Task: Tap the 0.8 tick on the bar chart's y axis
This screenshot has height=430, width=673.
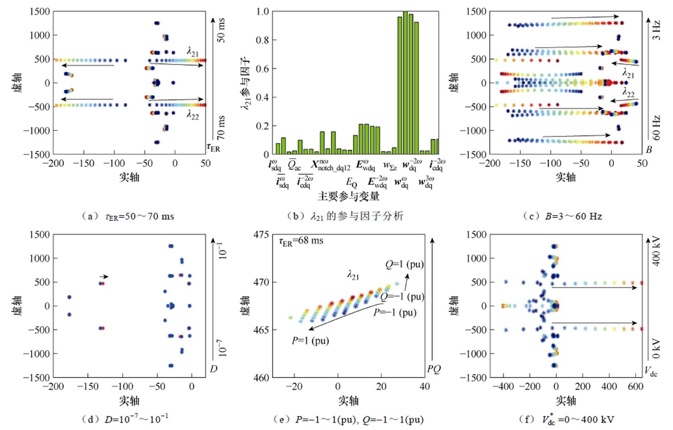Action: tap(262, 40)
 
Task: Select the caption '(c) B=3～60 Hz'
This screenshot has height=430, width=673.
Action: tap(562, 216)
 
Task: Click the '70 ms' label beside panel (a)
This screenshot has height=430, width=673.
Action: tap(221, 128)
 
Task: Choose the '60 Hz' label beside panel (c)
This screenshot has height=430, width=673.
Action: tap(657, 128)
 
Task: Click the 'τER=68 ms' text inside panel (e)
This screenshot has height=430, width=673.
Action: tap(301, 241)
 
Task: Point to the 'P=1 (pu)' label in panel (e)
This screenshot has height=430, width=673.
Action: tap(310, 341)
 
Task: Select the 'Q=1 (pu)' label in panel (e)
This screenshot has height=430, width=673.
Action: tap(404, 265)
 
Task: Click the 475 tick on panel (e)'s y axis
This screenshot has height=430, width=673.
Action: tap(261, 235)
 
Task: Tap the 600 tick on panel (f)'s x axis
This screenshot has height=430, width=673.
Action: tap(635, 386)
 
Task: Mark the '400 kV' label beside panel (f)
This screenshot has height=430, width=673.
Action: tap(657, 252)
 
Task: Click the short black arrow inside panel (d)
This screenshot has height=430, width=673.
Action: tap(104, 277)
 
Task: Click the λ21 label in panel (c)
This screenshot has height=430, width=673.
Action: tap(628, 74)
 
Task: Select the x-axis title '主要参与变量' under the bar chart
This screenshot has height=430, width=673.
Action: tap(348, 196)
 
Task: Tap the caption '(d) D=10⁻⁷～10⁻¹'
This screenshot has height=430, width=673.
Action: tap(126, 419)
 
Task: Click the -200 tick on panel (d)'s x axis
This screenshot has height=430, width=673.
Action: tap(53, 386)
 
